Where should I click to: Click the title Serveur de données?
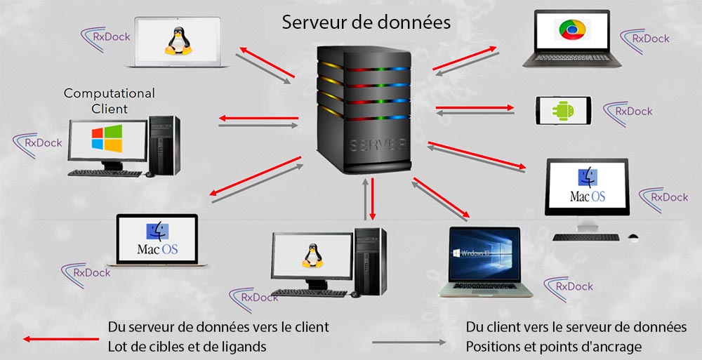tap(366, 22)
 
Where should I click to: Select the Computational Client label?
tap(110, 101)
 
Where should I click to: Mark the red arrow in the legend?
tap(60, 338)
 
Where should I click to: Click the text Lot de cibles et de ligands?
tap(187, 347)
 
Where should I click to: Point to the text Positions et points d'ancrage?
tap(553, 347)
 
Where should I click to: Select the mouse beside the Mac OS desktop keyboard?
tap(633, 236)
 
